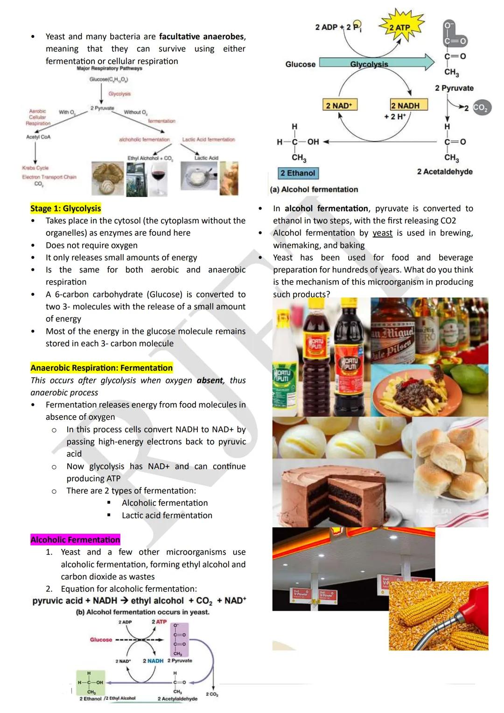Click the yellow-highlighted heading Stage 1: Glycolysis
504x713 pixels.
pos(65,208)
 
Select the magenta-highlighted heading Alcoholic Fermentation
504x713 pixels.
pos(75,540)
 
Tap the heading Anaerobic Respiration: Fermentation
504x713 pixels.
pos(101,368)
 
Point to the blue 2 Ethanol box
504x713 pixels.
pos(298,173)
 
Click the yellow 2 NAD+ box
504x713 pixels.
pos(339,106)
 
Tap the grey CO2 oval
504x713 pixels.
pos(481,107)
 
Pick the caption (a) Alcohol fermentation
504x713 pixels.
pos(314,190)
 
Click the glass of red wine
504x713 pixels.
pos(159,179)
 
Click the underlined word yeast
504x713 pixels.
pos(382,233)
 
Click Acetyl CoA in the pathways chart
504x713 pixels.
pos(38,137)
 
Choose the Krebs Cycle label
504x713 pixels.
pos(35,168)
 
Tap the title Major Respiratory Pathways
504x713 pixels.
pos(109,69)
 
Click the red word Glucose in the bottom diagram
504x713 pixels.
pos(101,640)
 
